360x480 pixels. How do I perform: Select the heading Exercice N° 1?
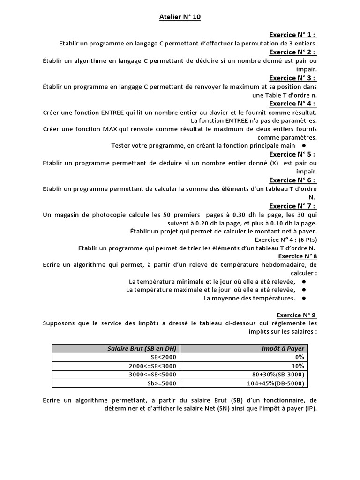(292, 35)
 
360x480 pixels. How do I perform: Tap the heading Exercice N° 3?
(292, 78)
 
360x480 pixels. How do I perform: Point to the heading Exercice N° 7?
(292, 206)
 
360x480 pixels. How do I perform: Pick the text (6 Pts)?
(306, 240)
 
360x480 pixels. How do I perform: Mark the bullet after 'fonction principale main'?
(304, 146)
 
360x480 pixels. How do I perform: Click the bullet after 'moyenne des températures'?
(304, 298)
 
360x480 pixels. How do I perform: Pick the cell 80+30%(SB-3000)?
(278, 375)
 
